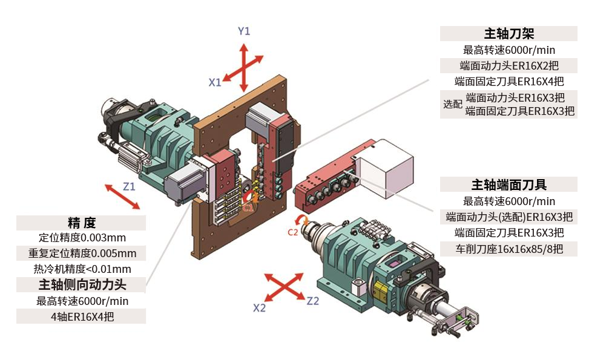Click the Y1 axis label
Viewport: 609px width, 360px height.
pos(243,31)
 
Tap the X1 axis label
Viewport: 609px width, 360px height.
pos(215,82)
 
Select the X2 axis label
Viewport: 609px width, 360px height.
pos(259,307)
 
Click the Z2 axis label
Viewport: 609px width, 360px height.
pos(312,301)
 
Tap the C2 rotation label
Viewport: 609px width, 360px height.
pos(292,231)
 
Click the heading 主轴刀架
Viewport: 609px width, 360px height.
pos(509,33)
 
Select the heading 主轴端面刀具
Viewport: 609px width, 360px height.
pos(509,185)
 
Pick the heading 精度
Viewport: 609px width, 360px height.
pos(81,223)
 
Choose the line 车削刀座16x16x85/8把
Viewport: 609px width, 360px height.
pos(509,248)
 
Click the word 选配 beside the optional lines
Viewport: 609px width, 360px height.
pos(452,104)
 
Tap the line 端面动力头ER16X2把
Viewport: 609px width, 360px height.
pos(509,65)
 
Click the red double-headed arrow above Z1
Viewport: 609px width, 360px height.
pos(122,197)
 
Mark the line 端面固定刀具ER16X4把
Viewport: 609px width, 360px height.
pos(509,81)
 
